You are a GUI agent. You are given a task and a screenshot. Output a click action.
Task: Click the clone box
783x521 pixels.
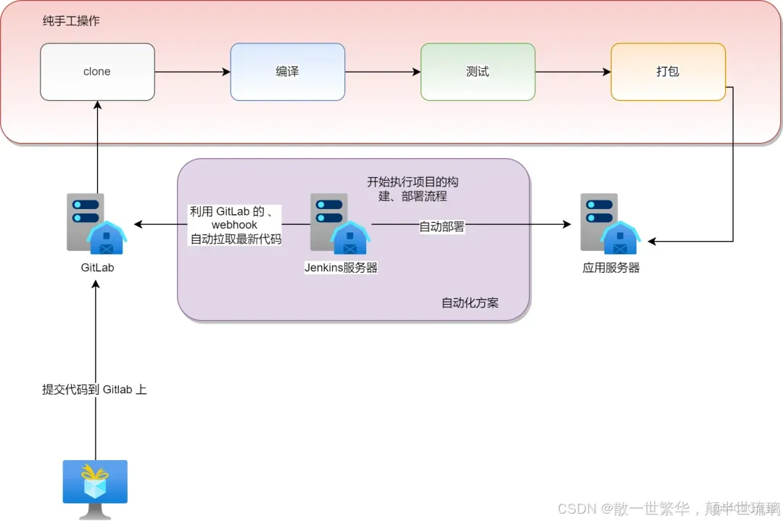click(97, 72)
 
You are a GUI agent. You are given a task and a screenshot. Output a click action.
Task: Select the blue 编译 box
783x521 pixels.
click(287, 72)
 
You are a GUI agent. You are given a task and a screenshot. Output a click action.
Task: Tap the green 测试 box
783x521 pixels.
click(478, 72)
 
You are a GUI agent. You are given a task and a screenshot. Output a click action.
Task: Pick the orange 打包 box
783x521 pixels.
click(668, 72)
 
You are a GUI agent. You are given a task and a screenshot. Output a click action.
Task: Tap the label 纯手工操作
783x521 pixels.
click(71, 21)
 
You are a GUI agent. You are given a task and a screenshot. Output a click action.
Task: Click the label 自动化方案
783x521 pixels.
click(470, 303)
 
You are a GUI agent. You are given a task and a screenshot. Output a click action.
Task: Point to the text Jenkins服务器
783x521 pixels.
click(341, 268)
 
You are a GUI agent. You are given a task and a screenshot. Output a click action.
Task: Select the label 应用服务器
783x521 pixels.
click(611, 268)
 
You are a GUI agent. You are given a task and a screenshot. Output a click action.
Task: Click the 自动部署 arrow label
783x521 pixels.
click(442, 226)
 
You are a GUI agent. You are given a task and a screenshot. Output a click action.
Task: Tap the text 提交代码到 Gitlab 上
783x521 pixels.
click(95, 390)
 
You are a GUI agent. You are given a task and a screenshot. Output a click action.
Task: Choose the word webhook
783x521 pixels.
click(234, 225)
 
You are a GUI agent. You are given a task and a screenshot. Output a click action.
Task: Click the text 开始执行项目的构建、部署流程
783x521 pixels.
click(413, 189)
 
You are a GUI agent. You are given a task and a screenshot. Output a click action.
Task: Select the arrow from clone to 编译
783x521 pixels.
click(192, 72)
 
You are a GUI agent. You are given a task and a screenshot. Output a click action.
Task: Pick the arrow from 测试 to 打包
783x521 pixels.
click(573, 72)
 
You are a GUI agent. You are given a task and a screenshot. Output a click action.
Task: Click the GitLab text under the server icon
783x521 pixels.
click(97, 268)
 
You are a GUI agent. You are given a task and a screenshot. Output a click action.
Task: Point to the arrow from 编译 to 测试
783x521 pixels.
click(383, 72)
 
